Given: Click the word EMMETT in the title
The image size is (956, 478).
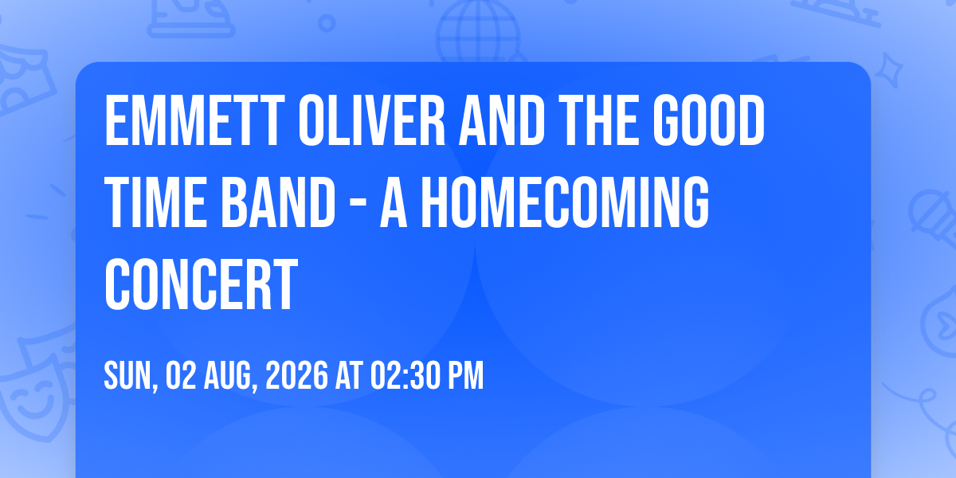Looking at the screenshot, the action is (194, 120).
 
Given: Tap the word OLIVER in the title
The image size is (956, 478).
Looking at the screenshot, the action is (372, 120).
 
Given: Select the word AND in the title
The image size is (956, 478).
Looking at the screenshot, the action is (501, 120).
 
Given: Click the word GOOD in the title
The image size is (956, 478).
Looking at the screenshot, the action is (709, 120).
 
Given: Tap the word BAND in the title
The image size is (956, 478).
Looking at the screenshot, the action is (278, 202).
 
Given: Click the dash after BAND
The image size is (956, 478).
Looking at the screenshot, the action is (358, 205).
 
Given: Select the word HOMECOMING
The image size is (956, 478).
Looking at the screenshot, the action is (565, 202).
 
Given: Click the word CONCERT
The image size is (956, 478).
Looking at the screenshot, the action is (201, 284).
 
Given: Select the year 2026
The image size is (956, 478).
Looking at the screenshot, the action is (296, 375).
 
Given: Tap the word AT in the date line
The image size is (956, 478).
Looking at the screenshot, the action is (349, 375).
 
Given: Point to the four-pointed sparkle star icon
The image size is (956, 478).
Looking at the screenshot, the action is (889, 70).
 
